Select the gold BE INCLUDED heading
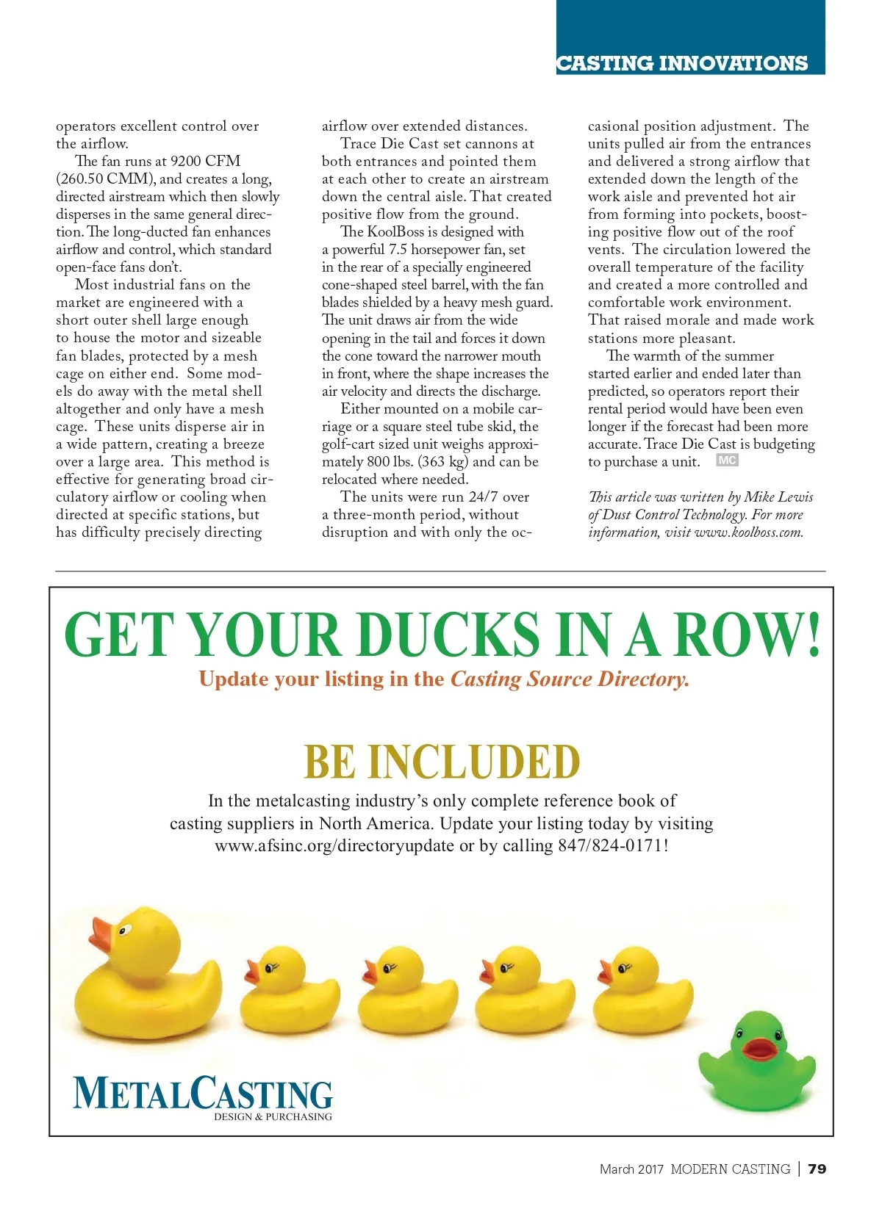[442, 762]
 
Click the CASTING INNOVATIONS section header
[682, 63]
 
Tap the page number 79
[817, 1169]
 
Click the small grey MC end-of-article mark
[727, 461]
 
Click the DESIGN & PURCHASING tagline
[273, 1117]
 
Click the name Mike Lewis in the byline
[778, 497]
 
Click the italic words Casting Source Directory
[570, 679]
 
